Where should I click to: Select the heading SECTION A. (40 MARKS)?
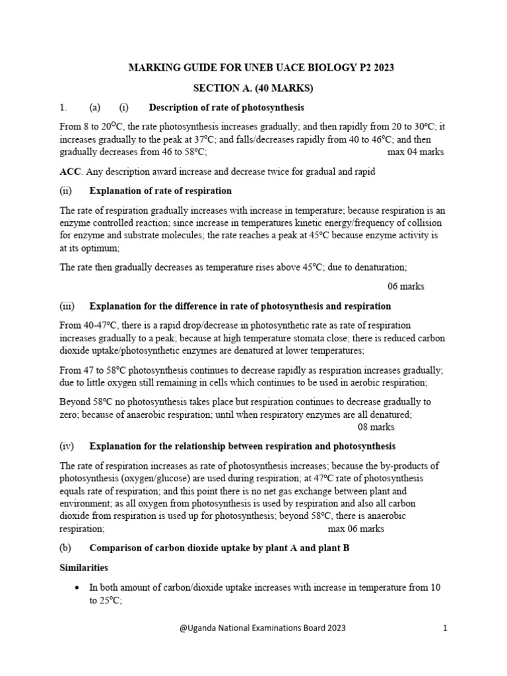tap(253, 88)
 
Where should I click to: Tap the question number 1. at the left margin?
tap(63, 108)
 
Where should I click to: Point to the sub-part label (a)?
tap(94, 108)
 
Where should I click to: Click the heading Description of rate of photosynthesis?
tap(226, 108)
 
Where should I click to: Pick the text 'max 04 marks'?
tap(415, 152)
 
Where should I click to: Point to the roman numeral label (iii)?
tap(67, 306)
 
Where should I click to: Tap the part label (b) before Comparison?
tap(65, 547)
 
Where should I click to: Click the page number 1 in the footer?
tap(446, 629)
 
